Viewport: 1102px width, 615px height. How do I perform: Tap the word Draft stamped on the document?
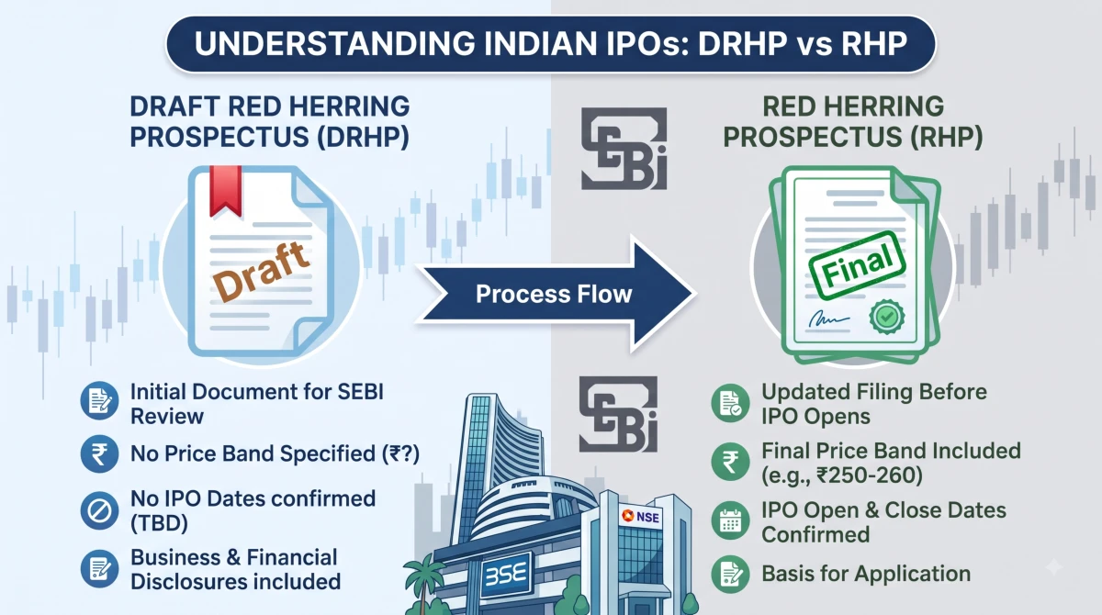[261, 272]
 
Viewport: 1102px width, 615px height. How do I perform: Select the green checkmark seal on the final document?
[887, 317]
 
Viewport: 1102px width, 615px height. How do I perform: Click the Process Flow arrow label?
[554, 294]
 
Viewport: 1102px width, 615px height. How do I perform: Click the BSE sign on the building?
[506, 574]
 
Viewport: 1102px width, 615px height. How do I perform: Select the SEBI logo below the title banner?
[624, 149]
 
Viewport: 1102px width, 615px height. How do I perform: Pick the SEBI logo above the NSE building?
[618, 414]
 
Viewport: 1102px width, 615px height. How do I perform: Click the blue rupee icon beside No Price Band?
[99, 453]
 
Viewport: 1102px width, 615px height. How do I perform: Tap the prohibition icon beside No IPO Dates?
[99, 510]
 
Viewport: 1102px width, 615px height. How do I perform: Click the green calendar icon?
[731, 520]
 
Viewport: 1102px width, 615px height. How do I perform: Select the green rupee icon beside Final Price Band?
[731, 462]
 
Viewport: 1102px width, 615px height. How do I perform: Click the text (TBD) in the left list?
[160, 523]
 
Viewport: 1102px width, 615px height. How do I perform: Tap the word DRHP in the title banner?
[743, 43]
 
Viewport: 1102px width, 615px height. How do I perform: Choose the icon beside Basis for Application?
[731, 575]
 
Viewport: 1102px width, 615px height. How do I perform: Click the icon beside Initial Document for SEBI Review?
[99, 400]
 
